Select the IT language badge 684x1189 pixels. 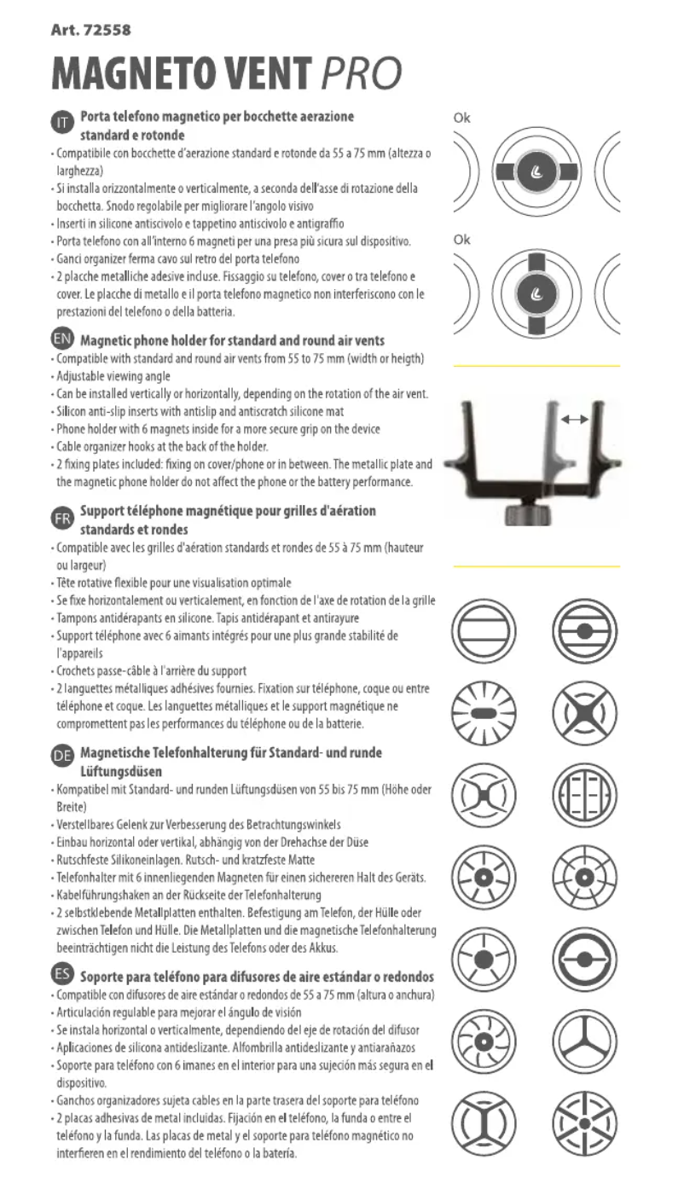point(61,124)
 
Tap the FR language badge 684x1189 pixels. point(61,519)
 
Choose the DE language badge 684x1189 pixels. point(61,754)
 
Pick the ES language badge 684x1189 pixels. point(61,974)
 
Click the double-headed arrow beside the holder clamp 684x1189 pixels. point(575,420)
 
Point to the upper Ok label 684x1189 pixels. point(461,118)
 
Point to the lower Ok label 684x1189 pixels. point(461,240)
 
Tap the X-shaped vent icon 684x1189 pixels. point(584,709)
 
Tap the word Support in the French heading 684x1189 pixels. point(107,511)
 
